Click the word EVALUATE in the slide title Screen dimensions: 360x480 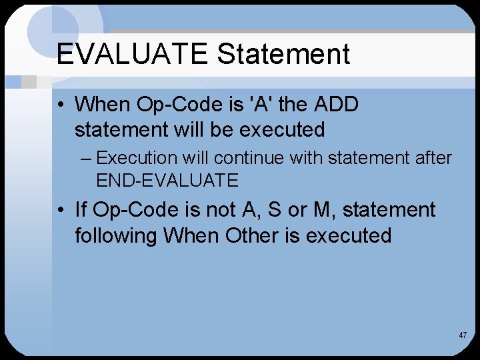point(133,54)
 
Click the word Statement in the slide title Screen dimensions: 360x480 point(283,54)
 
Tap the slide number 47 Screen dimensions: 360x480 point(463,335)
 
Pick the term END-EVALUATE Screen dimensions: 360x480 point(167,180)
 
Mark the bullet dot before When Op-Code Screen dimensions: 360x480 point(61,105)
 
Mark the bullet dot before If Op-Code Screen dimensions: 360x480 point(61,211)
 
